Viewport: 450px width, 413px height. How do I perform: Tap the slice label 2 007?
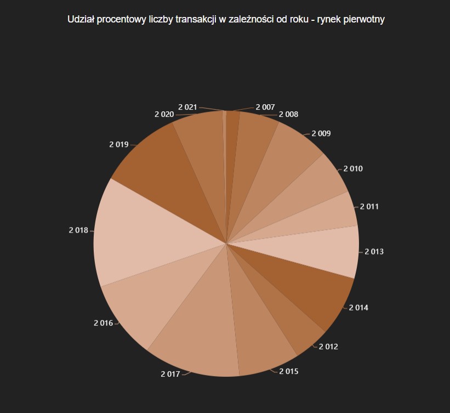[265, 108]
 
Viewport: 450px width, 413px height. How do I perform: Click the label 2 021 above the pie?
[187, 107]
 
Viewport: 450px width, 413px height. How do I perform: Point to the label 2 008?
[288, 114]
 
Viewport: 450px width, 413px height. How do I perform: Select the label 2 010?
[352, 168]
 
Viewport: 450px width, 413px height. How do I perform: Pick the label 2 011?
[369, 207]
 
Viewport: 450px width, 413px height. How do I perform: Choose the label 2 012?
[328, 347]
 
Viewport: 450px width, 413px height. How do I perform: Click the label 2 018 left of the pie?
[78, 230]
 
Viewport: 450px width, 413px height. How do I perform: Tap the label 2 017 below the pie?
[170, 374]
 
